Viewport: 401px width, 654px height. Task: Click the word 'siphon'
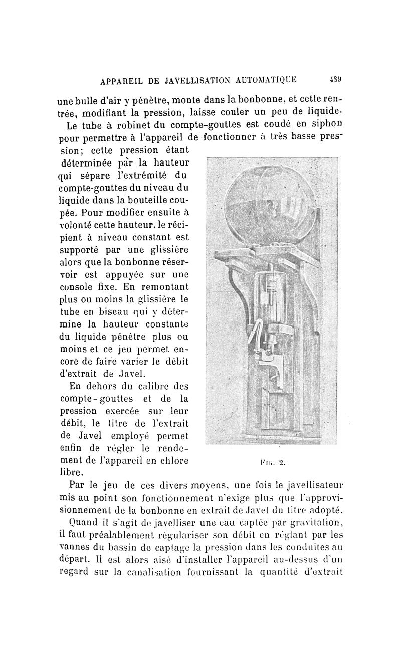coord(327,123)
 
